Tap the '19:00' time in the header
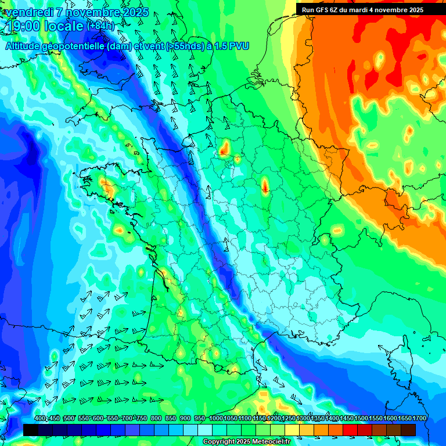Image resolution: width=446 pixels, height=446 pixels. click(x=24, y=27)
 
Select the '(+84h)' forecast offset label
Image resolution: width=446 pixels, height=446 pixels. click(x=100, y=26)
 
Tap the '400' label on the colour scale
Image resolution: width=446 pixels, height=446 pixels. click(x=40, y=419)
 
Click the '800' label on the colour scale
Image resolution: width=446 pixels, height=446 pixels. click(x=156, y=419)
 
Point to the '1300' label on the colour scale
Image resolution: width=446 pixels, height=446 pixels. click(x=303, y=419)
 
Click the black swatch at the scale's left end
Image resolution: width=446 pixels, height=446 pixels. click(x=31, y=430)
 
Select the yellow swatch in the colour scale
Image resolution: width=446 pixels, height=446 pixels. click(x=292, y=430)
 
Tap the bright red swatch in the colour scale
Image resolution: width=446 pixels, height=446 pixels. click(x=350, y=430)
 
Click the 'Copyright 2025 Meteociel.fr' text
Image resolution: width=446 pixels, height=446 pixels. click(x=246, y=442)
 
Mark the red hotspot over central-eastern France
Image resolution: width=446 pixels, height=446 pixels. click(x=265, y=186)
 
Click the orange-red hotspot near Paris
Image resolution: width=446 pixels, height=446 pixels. click(x=224, y=150)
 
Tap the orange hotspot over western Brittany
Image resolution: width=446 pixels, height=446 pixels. click(x=106, y=186)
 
